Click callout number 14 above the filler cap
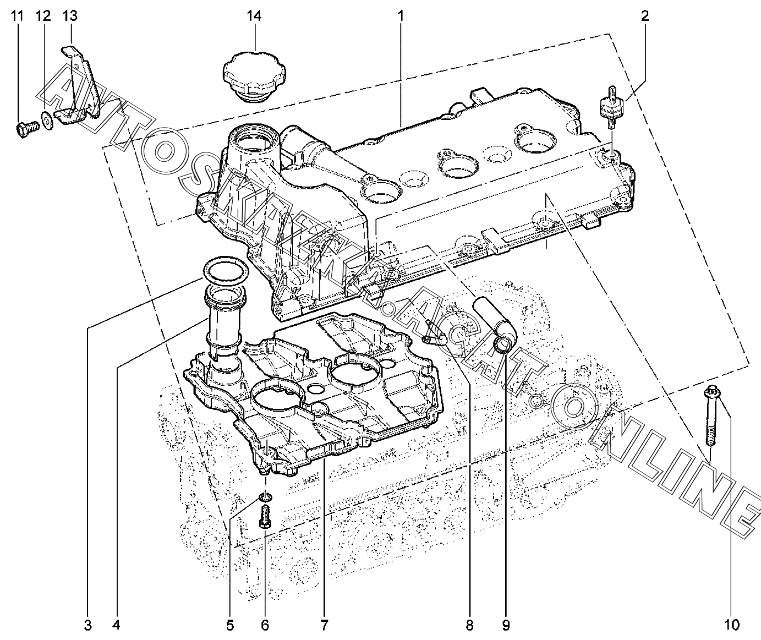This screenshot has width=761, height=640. [254, 17]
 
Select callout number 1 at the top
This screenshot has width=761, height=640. [401, 17]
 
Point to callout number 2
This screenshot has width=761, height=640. [645, 17]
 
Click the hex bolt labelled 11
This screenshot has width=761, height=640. [28, 129]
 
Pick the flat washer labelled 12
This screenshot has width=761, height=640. [47, 122]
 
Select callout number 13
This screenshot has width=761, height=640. [70, 17]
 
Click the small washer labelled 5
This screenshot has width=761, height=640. [265, 497]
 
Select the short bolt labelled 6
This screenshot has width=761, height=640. [265, 518]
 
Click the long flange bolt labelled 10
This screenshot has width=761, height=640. [710, 422]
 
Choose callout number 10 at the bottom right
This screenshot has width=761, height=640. [731, 625]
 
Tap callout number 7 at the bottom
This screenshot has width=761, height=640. [324, 625]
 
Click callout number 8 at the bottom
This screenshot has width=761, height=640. [469, 625]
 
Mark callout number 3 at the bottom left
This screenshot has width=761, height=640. [87, 625]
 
